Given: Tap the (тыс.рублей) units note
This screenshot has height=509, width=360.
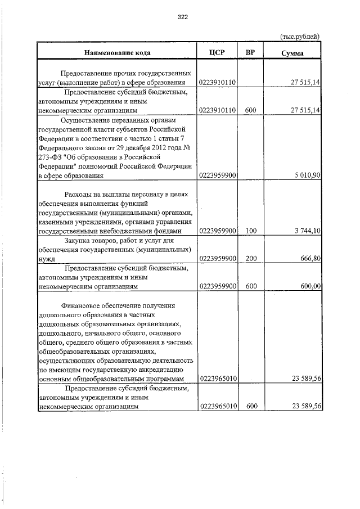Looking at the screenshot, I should coord(300,37).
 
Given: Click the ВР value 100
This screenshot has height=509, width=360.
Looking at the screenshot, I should coord(251,231).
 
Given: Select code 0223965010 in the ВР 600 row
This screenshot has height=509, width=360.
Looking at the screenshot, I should coord(218,406).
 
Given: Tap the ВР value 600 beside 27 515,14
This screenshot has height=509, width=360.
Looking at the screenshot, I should coord(251,111).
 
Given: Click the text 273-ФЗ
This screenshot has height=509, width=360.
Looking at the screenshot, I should coord(51,157).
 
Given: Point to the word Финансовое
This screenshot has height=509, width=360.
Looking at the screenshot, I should coord(83,305).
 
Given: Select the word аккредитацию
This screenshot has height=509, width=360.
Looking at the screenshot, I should coord(167,370).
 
